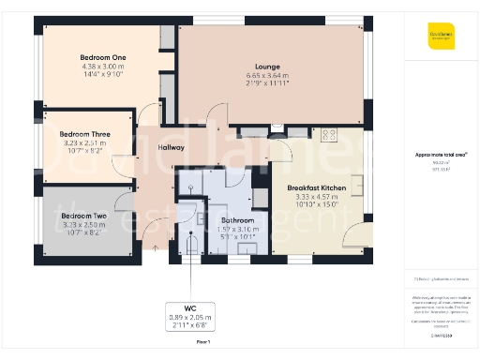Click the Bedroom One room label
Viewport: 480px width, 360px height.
(103, 58)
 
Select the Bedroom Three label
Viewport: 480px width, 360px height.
(86, 135)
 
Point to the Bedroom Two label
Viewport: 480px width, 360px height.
(82, 216)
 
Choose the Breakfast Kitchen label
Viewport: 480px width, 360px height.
(316, 188)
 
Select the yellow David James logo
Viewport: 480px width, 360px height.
(441, 37)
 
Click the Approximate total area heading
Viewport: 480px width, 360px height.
(441, 154)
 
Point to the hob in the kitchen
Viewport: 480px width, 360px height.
(329, 134)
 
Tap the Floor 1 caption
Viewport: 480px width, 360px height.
(202, 343)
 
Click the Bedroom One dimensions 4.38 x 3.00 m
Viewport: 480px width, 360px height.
(103, 67)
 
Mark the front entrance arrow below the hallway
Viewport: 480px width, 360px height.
(156, 248)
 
